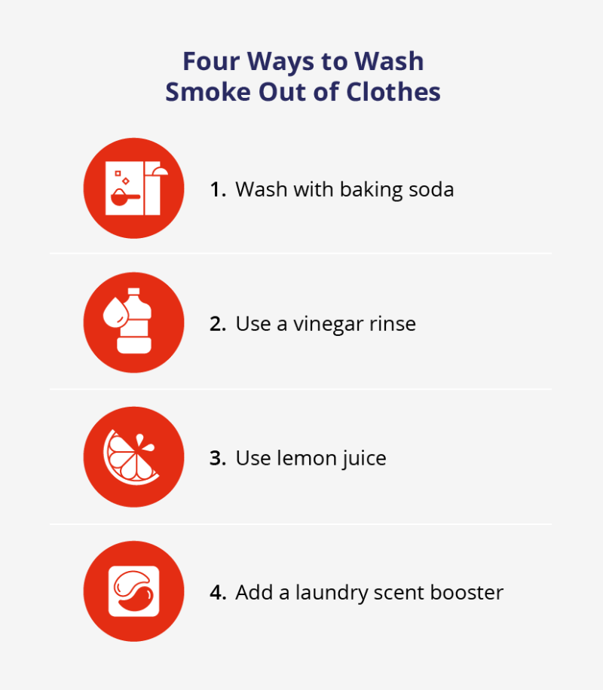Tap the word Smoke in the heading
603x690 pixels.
[x=204, y=91]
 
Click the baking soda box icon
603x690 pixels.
[x=134, y=188]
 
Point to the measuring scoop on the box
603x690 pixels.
[x=123, y=197]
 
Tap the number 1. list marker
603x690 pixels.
[x=218, y=189]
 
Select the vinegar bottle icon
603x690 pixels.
[x=134, y=322]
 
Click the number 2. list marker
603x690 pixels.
[x=218, y=324]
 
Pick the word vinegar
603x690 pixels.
[x=330, y=324]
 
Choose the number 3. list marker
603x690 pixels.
[x=218, y=458]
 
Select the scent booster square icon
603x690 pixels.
[x=133, y=591]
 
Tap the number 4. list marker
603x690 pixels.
[x=218, y=592]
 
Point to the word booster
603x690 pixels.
[x=466, y=592]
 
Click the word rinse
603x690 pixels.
[x=393, y=324]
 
